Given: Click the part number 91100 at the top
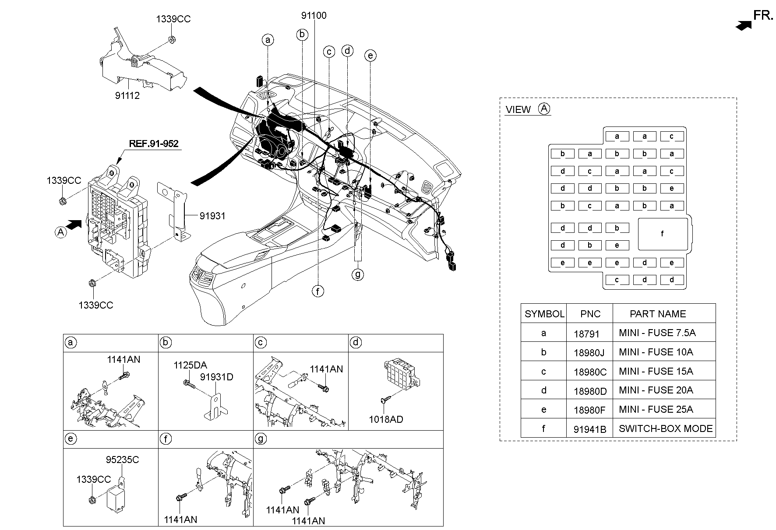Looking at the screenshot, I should [x=314, y=16].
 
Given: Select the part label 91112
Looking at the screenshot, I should [x=127, y=95].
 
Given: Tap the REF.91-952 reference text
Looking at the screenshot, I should [x=154, y=144].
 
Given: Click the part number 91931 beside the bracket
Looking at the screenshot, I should [x=212, y=216].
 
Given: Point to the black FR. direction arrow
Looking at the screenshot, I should [x=743, y=26].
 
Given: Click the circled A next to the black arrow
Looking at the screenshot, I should [x=61, y=232].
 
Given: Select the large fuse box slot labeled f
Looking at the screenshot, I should [x=662, y=234].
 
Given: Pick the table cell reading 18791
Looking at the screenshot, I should [x=586, y=333].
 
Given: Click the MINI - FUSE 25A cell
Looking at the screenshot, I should [x=656, y=410].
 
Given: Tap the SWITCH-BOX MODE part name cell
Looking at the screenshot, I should [x=665, y=428].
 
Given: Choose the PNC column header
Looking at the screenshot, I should [x=590, y=314].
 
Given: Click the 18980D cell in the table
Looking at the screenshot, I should [x=590, y=391].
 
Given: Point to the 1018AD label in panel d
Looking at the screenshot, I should [x=385, y=419].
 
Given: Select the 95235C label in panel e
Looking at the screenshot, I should [x=122, y=460].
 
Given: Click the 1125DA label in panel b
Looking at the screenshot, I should [x=190, y=365].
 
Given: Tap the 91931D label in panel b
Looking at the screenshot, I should [x=217, y=377].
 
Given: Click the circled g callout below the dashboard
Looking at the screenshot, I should [x=358, y=274].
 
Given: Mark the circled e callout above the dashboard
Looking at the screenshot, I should [x=370, y=56].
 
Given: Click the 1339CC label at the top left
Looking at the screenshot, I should [x=173, y=19].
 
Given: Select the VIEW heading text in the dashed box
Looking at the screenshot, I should [x=518, y=110].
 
